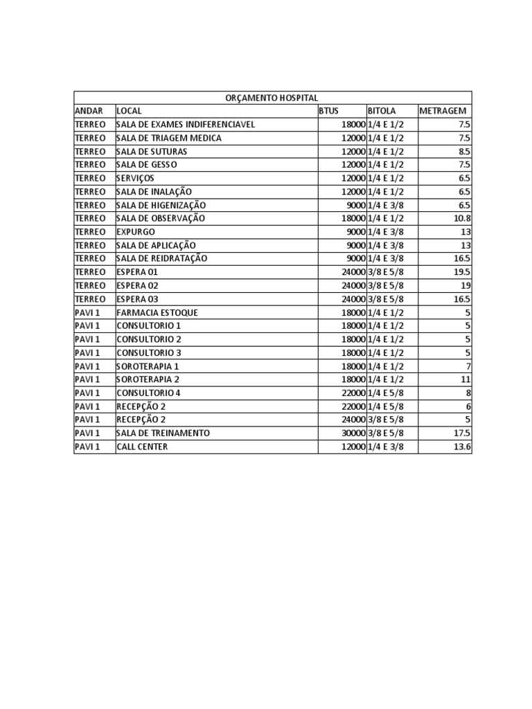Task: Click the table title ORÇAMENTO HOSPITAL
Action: (x=272, y=98)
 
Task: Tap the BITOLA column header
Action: (x=382, y=111)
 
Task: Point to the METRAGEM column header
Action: (x=443, y=111)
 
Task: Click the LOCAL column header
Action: (x=129, y=111)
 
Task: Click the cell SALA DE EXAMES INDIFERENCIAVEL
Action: (x=186, y=125)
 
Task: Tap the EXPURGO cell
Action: (x=136, y=232)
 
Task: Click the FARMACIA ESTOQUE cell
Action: (x=157, y=312)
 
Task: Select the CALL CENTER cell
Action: (x=142, y=447)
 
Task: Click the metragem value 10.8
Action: (x=463, y=218)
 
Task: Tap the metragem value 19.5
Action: (x=463, y=272)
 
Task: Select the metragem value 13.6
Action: (x=463, y=447)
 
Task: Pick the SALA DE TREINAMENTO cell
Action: (x=163, y=433)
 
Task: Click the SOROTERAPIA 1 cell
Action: (x=148, y=366)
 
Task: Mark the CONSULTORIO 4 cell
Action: (x=148, y=393)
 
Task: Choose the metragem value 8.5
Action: (x=464, y=151)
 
